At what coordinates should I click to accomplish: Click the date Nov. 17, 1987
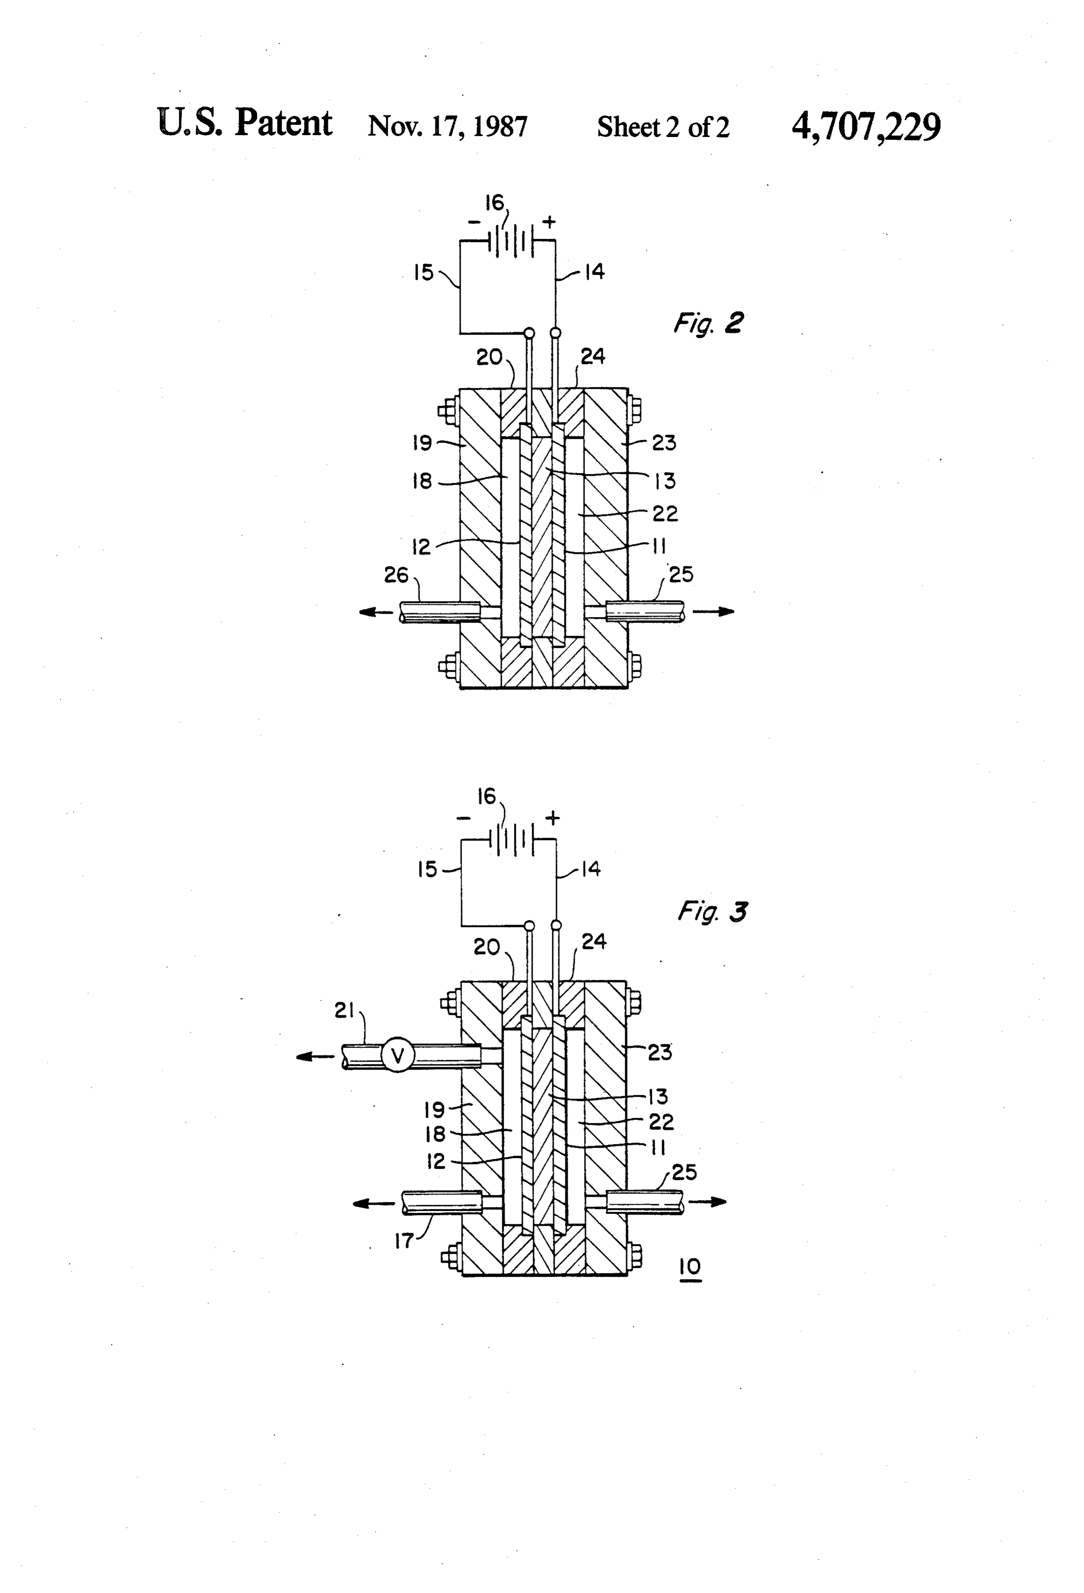(x=448, y=127)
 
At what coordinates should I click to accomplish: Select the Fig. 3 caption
(x=713, y=911)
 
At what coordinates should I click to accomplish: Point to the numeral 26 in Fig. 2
(x=396, y=574)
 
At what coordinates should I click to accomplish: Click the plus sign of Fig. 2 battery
(x=549, y=222)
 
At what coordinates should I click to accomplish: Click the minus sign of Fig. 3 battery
(x=463, y=818)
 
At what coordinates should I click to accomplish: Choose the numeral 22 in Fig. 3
(x=661, y=1122)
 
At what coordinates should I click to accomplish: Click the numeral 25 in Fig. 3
(x=685, y=1172)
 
